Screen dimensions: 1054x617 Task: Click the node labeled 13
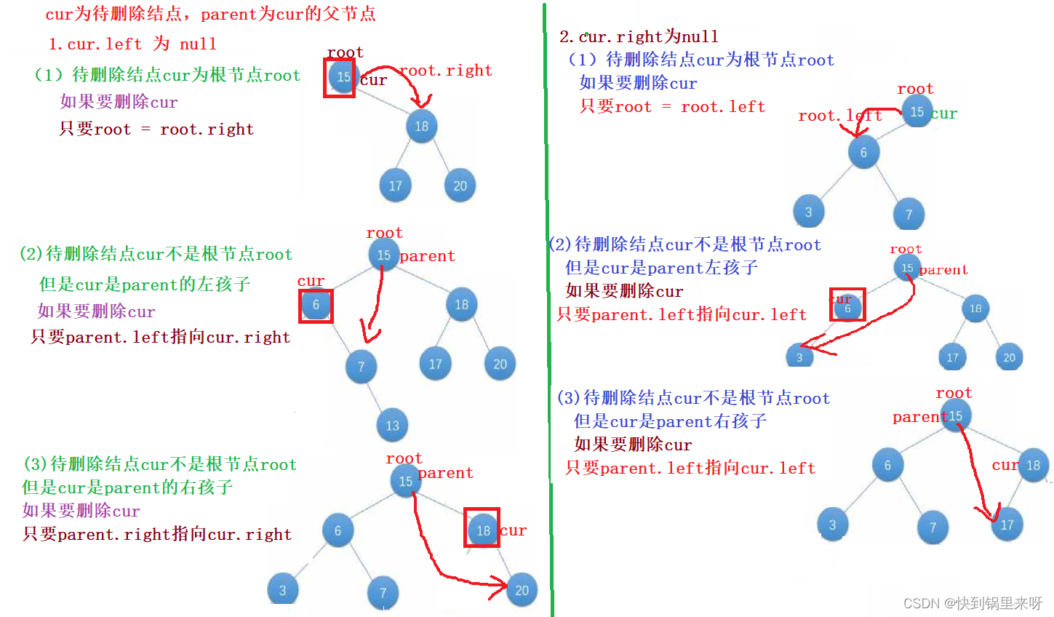[392, 426]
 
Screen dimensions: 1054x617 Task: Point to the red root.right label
[446, 71]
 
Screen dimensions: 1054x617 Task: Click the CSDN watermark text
[973, 603]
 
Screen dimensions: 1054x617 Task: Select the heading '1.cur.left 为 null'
[132, 44]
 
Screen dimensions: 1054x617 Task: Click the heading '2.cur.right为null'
[639, 36]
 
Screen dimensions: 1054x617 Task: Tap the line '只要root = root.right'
[156, 130]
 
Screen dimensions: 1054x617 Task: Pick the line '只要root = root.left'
[672, 107]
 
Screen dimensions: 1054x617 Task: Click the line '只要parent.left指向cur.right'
[161, 338]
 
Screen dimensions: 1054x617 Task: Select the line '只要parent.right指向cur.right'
[157, 535]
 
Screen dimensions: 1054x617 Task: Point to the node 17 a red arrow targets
[1007, 525]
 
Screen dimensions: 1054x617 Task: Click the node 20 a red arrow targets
[522, 590]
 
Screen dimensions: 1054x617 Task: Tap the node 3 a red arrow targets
[799, 357]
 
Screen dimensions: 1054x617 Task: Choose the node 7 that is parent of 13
[361, 366]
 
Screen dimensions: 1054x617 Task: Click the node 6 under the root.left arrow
[863, 152]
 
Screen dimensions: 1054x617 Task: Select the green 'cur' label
[943, 114]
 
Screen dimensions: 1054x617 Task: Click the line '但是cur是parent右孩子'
[670, 421]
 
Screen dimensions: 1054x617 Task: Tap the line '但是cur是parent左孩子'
[661, 268]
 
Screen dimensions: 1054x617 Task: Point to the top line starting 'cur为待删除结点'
[210, 15]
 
